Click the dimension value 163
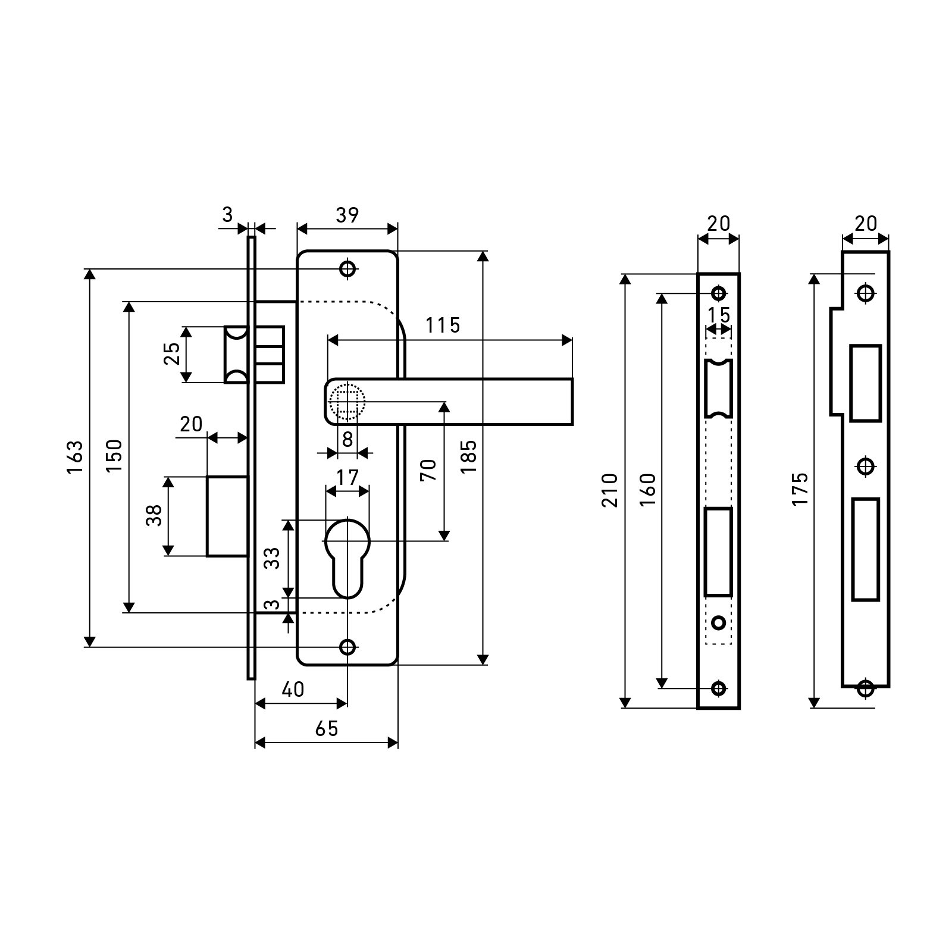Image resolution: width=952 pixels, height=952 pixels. tap(74, 457)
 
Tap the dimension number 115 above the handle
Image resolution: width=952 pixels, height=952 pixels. tap(443, 325)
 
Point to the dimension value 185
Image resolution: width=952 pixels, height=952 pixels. tap(469, 456)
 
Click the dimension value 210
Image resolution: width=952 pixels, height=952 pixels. tap(610, 490)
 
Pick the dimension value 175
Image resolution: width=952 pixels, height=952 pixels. tap(800, 489)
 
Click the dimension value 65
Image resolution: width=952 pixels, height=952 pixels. tap(327, 728)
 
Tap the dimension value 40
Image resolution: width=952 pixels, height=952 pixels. tap(292, 689)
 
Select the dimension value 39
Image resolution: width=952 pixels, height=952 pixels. tap(347, 215)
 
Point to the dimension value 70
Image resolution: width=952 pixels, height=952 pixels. tap(430, 470)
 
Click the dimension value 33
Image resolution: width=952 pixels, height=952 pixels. tap(273, 558)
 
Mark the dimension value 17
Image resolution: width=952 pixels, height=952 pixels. tap(347, 477)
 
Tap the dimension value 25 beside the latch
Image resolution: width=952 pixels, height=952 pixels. tap(172, 354)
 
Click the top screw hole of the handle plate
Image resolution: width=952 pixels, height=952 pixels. tap(347, 269)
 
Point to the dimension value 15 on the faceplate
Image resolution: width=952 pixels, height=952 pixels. tap(719, 314)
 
